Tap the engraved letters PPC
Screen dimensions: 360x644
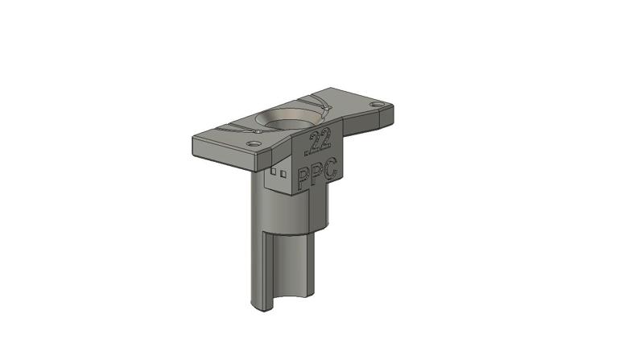tap(317, 174)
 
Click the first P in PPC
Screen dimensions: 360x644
tap(303, 177)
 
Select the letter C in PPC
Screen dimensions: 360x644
tap(330, 169)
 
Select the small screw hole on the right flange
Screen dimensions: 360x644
tap(375, 106)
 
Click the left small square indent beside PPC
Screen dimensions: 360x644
tap(274, 172)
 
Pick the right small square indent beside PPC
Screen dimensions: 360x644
tap(283, 172)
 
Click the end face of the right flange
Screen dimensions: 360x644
tap(387, 116)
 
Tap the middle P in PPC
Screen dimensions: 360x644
tap(317, 174)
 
